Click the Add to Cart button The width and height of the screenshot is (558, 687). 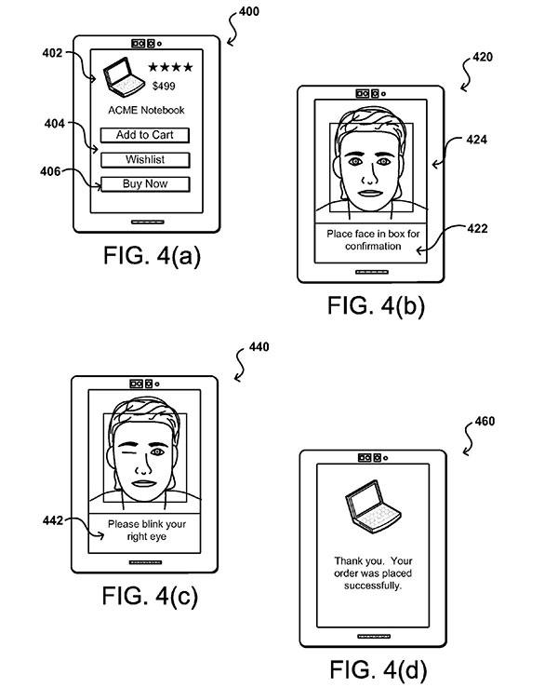[145, 135]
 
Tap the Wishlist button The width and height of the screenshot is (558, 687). [145, 159]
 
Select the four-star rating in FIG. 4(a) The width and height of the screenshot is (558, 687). [172, 67]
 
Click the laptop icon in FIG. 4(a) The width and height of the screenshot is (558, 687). [118, 77]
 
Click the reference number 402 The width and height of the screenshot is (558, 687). [53, 54]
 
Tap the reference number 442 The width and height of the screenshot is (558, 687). [53, 520]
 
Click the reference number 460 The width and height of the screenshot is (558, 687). [483, 421]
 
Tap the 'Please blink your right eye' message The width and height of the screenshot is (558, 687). [145, 531]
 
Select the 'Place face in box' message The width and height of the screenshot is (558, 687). [369, 240]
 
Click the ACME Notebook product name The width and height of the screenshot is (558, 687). [145, 112]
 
